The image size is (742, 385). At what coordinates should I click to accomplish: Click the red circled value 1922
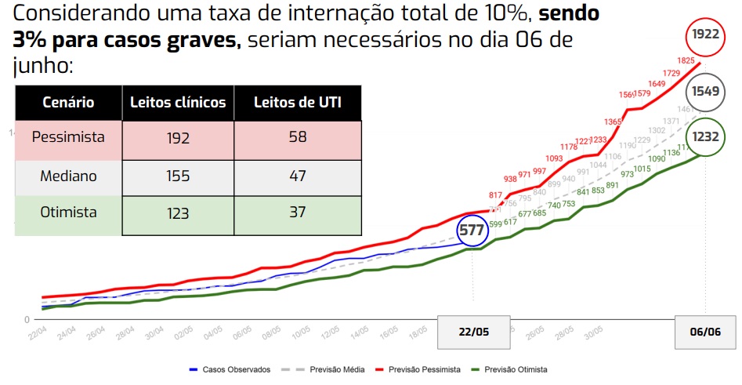point(705,35)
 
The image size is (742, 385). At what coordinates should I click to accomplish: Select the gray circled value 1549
point(705,91)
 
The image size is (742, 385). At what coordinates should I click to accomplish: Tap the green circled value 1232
point(705,136)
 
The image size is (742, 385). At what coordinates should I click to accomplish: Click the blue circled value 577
point(472,231)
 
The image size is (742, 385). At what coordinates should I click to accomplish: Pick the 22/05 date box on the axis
point(473,332)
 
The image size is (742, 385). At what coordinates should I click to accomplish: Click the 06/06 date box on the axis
point(705,332)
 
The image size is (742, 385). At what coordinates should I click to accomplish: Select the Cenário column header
point(68,103)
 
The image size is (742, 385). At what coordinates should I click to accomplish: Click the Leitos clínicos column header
point(178,103)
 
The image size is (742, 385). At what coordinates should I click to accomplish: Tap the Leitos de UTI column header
point(298,103)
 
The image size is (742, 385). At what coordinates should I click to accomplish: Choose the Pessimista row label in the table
point(68,137)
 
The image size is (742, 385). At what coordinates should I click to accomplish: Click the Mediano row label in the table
point(68,176)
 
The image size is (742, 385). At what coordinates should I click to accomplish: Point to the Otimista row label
point(68,212)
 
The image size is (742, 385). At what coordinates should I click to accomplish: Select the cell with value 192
point(178,139)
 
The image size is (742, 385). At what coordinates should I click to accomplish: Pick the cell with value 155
point(178,176)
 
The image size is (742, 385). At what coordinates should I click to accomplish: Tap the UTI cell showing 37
point(298,213)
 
